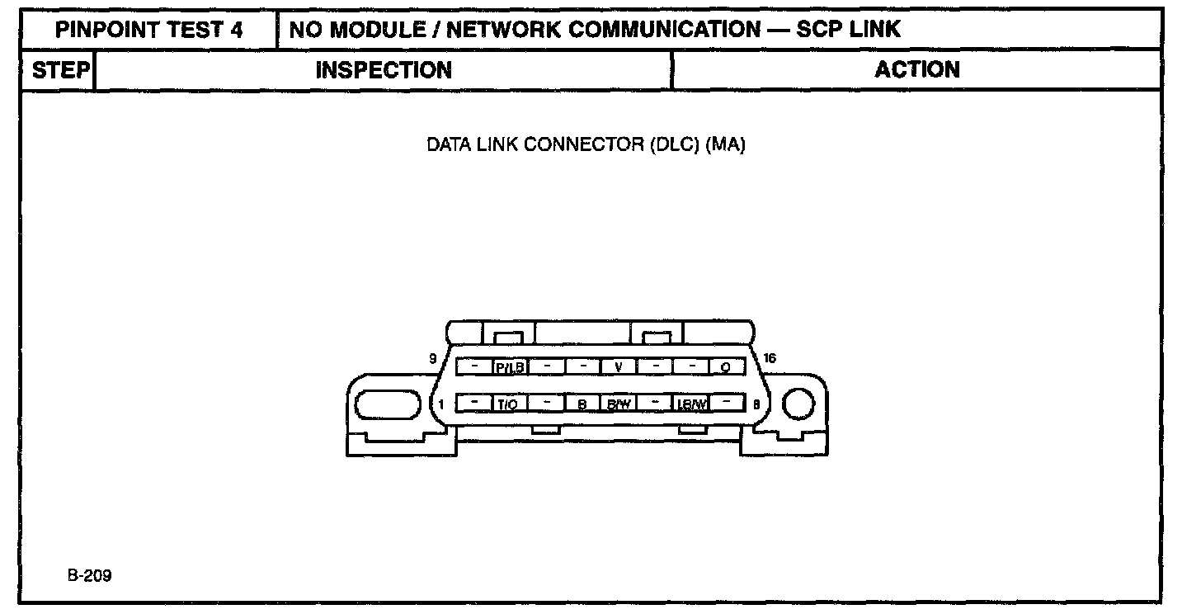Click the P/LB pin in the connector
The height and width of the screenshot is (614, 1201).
510,367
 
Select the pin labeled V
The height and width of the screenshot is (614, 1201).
618,366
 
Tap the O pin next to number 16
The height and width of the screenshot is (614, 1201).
726,367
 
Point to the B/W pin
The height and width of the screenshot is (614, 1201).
619,404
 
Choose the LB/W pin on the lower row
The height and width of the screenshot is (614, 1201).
691,404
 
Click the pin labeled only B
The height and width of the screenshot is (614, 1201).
582,404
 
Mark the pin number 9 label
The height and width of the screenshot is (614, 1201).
432,358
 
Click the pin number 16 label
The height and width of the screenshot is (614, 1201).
770,358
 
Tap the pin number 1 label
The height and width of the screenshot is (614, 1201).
442,404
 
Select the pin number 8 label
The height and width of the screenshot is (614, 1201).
756,404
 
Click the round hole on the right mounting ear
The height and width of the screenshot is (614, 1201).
798,404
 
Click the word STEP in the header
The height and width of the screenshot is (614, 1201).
60,70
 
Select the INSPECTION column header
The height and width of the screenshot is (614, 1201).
384,70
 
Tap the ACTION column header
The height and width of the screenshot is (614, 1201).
917,70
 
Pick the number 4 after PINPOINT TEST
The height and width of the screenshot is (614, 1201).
237,31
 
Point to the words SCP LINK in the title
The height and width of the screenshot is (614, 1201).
848,31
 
